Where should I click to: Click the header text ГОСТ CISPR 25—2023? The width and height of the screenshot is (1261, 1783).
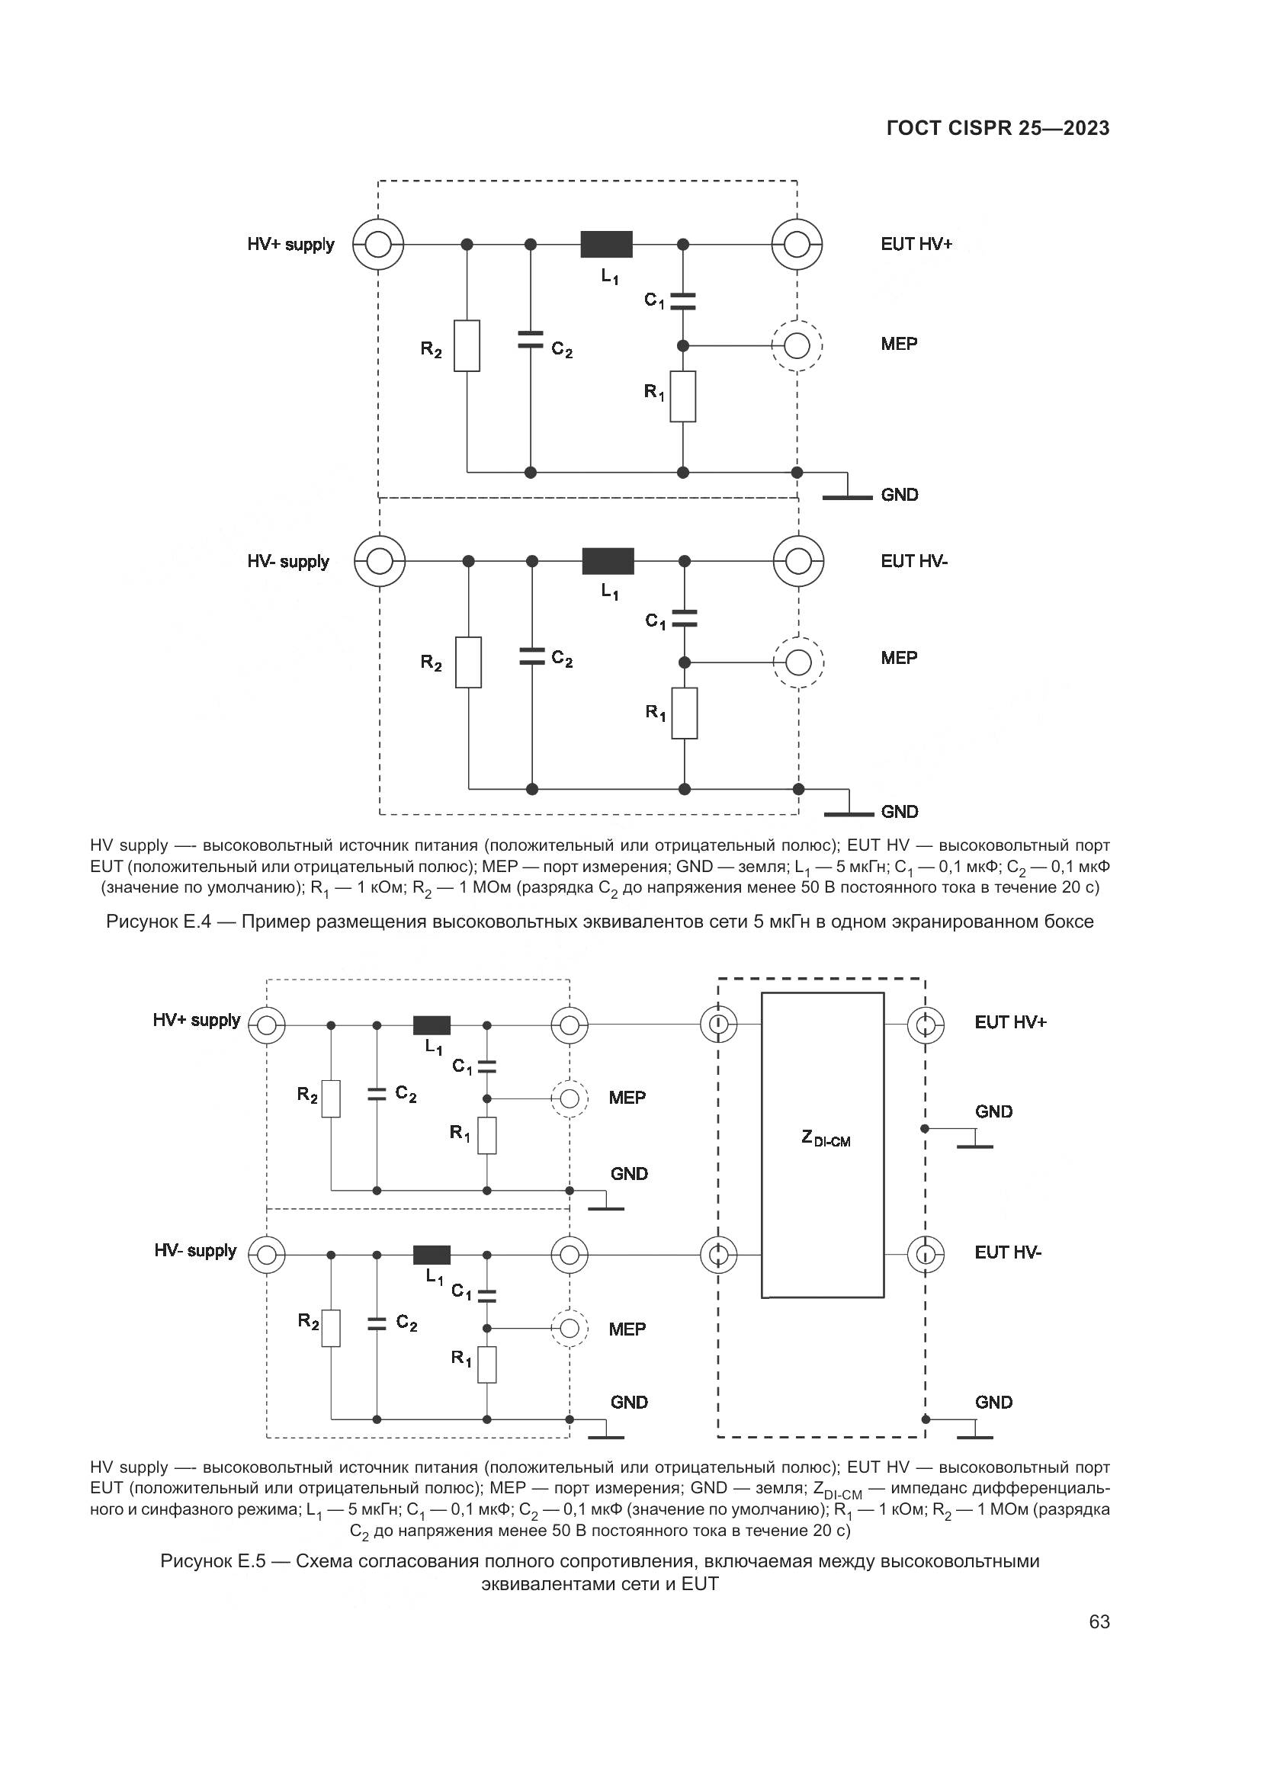[997, 128]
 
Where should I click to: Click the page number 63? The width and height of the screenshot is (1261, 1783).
[1099, 1621]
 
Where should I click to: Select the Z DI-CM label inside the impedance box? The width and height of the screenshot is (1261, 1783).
[826, 1139]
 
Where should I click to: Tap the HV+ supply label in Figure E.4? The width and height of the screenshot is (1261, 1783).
[290, 245]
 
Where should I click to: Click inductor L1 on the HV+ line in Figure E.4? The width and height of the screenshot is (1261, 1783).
[606, 245]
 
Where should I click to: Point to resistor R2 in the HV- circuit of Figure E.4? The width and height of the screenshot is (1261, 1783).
[468, 662]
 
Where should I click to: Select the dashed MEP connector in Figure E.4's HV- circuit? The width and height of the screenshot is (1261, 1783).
[798, 662]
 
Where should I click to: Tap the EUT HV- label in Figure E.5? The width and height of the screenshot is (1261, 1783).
[1008, 1252]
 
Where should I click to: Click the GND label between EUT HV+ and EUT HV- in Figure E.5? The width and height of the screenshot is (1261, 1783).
[993, 1112]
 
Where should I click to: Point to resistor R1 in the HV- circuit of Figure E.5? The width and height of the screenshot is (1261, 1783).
[487, 1365]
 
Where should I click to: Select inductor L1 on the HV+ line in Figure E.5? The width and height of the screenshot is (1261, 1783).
[432, 1025]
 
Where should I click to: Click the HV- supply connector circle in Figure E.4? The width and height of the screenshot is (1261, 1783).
[380, 561]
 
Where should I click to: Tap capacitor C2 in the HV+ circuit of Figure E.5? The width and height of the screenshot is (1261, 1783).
[377, 1093]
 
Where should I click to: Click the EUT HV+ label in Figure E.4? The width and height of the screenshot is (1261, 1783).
[916, 245]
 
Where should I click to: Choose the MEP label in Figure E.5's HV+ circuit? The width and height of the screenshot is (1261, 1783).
[627, 1098]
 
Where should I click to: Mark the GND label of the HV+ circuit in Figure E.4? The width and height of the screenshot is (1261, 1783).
[899, 495]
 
